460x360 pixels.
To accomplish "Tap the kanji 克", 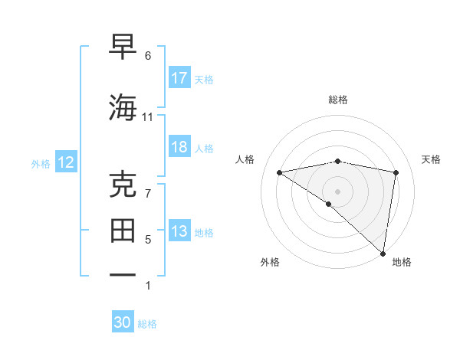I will click(x=124, y=185).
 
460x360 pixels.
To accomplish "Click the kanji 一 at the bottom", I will click(x=124, y=274).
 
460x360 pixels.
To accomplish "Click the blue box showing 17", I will click(x=179, y=78).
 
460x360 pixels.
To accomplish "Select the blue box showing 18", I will click(x=179, y=147).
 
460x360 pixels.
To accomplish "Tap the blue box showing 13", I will click(x=179, y=232).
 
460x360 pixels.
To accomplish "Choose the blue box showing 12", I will click(x=66, y=162).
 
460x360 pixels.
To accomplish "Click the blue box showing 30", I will click(x=123, y=322).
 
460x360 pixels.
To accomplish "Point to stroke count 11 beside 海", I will click(x=148, y=117).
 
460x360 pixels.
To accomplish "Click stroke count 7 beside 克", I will click(x=148, y=193).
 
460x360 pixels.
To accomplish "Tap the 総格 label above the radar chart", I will click(x=338, y=100).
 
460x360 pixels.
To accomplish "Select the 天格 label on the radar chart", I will click(x=432, y=159).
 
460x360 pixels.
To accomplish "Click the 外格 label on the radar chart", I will click(x=270, y=262).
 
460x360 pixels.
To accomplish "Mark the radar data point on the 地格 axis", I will click(x=383, y=253).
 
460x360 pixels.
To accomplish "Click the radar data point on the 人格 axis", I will click(x=280, y=172).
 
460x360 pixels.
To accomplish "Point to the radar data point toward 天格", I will click(x=396, y=172).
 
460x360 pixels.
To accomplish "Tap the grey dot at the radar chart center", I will click(x=338, y=191).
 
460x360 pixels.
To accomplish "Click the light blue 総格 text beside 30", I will click(x=148, y=324).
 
